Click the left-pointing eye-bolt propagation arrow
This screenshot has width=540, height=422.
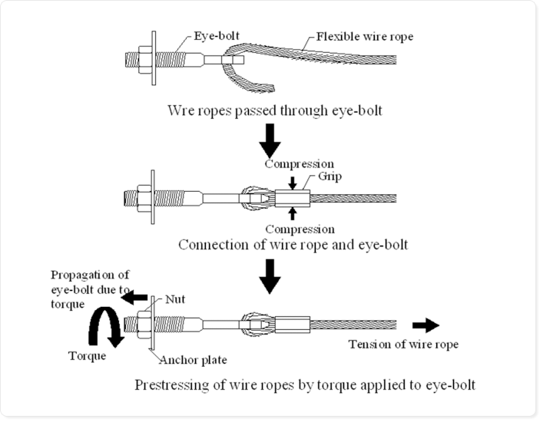click(x=137, y=296)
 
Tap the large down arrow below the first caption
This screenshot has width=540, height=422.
click(x=270, y=140)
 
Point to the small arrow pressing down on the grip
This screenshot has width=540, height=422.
click(x=293, y=181)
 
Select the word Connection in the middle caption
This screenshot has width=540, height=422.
click(x=213, y=245)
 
